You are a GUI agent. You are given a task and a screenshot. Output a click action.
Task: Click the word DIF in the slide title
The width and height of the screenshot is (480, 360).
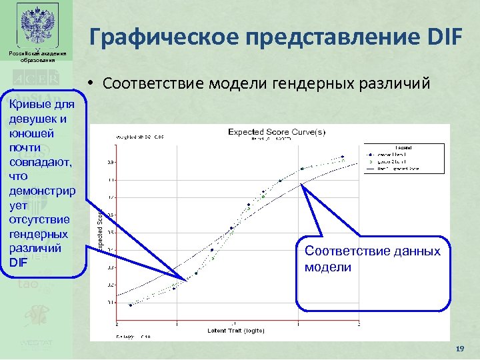point(437,38)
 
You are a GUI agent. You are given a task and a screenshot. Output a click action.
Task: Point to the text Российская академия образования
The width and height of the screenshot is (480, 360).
point(37,56)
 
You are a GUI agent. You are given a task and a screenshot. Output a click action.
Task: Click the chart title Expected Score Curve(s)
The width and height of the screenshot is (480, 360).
point(277,132)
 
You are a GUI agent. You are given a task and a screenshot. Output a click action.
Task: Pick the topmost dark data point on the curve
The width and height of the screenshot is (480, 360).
point(343,157)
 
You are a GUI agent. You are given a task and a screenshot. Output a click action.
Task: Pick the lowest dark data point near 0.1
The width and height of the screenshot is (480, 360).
point(131,305)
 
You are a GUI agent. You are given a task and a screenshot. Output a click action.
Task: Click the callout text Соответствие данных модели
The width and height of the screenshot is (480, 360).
point(372,259)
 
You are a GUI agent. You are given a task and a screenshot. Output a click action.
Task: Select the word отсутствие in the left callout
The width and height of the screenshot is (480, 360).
point(39,219)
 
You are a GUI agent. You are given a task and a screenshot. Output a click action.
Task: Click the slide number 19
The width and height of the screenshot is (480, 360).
point(458,349)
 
